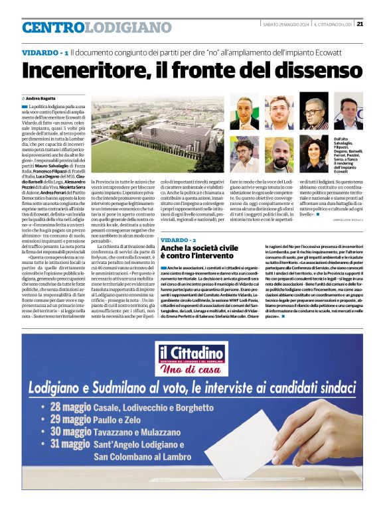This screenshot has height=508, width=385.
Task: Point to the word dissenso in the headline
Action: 304,71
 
